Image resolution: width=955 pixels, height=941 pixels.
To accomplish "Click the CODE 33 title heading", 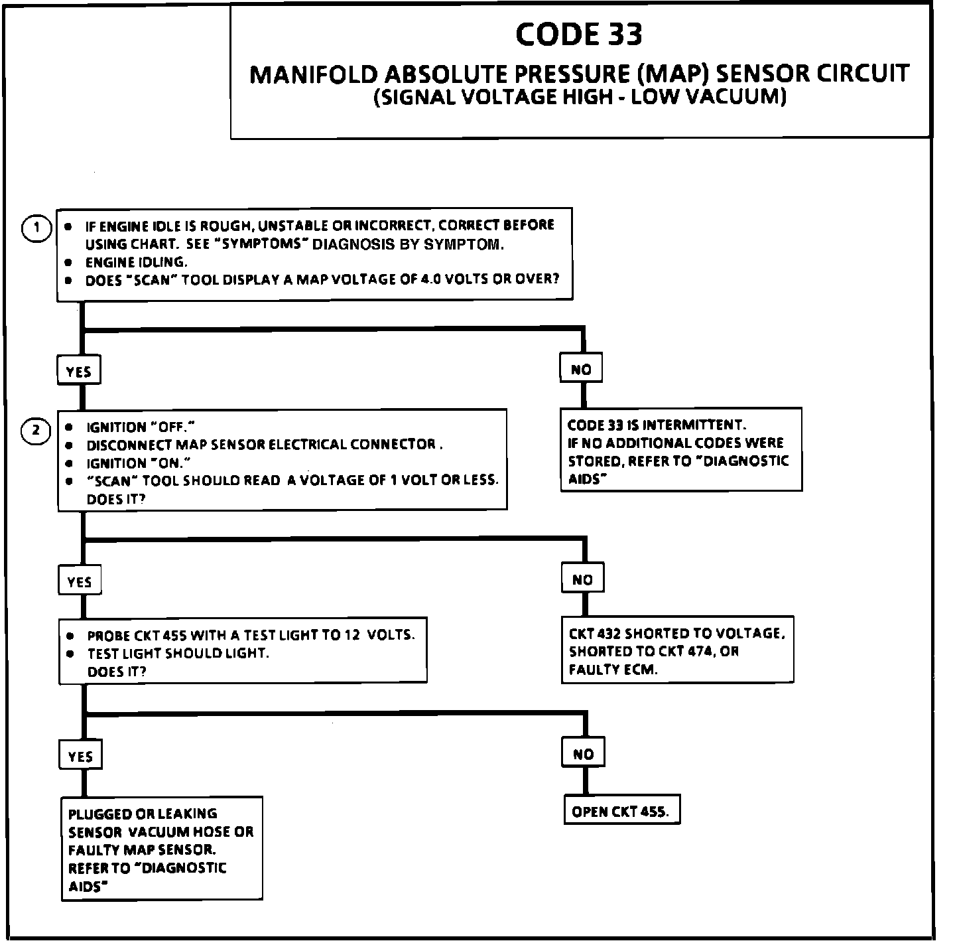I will tap(579, 35).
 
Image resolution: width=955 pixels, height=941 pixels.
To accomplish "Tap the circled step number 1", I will tap(37, 228).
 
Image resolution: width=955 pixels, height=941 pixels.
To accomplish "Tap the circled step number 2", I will tap(37, 431).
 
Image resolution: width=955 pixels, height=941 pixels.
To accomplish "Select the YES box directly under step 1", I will tap(79, 371).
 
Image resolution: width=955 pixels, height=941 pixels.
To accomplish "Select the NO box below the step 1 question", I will tap(581, 369).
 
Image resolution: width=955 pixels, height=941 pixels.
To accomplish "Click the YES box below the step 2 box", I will tap(80, 582).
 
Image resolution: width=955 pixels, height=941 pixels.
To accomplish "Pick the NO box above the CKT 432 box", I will tap(582, 579).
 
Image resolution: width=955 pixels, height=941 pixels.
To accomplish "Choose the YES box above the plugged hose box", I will tap(80, 757).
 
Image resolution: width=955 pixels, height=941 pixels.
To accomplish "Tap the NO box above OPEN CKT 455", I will tap(584, 754).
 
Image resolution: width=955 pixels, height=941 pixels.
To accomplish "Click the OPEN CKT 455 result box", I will tap(621, 811).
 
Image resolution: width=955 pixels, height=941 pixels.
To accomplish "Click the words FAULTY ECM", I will tap(613, 670).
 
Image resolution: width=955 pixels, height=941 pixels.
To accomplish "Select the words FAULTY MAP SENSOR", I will tap(141, 849).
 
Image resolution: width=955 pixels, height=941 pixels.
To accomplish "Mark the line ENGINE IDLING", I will tap(137, 262).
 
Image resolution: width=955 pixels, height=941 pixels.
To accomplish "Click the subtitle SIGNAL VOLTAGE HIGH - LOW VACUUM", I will tap(580, 97).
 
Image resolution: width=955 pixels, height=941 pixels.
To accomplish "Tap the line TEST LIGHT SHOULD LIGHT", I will tap(178, 653).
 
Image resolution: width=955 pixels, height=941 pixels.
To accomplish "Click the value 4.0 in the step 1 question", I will tap(430, 279).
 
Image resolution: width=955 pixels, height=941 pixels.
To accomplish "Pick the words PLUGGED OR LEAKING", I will tap(143, 814).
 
